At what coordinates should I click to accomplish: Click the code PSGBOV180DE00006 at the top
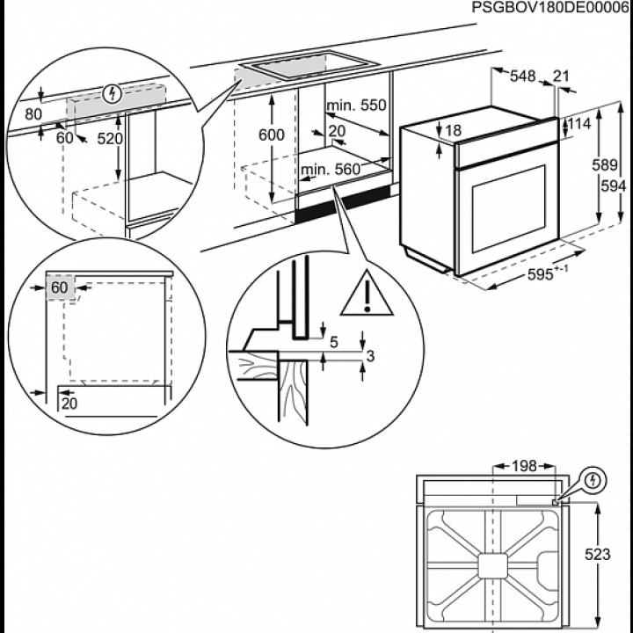pyautogui.click(x=551, y=7)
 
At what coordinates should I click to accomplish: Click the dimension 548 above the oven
pyautogui.click(x=522, y=76)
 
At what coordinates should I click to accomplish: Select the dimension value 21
pyautogui.click(x=562, y=76)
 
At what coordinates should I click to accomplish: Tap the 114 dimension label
pyautogui.click(x=578, y=125)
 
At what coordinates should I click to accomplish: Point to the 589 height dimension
pyautogui.click(x=601, y=164)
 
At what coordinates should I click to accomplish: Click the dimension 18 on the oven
pyautogui.click(x=452, y=131)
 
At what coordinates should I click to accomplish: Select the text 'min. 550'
pyautogui.click(x=356, y=105)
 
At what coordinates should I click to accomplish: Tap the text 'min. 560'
pyautogui.click(x=330, y=169)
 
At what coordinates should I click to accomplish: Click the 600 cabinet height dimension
pyautogui.click(x=273, y=135)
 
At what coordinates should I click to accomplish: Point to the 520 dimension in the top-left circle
pyautogui.click(x=109, y=138)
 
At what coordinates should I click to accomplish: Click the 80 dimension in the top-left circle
pyautogui.click(x=33, y=113)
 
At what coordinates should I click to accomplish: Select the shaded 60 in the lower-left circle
pyautogui.click(x=60, y=288)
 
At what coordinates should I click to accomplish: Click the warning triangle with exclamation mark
pyautogui.click(x=367, y=295)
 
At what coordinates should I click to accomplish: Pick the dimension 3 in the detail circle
pyautogui.click(x=371, y=355)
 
